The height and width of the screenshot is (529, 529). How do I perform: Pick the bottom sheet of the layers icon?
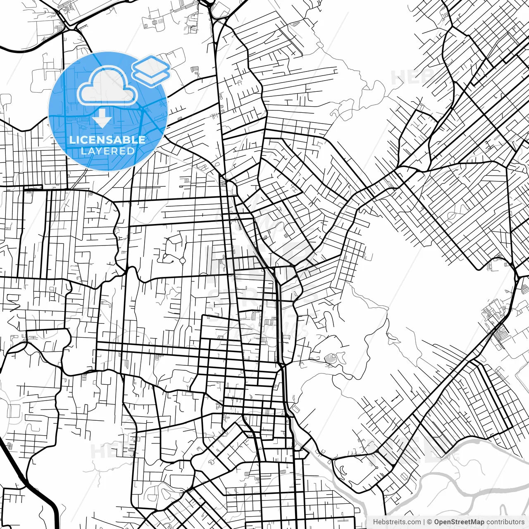[151, 76]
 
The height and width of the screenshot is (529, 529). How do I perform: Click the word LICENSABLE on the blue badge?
[107, 140]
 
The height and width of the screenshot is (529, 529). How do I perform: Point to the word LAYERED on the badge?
[107, 151]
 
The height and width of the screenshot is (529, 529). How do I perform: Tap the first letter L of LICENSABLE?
[72, 140]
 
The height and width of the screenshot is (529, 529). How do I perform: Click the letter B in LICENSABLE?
[124, 140]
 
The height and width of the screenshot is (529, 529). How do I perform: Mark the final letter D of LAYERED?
[131, 151]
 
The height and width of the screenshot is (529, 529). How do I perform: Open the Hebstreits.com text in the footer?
[397, 522]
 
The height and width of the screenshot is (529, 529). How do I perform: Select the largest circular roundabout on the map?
[182, 260]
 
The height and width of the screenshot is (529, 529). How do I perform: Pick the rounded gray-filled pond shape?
[331, 359]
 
